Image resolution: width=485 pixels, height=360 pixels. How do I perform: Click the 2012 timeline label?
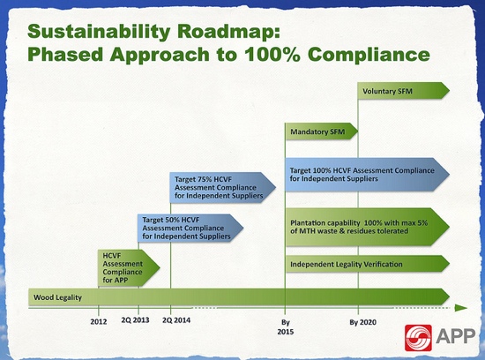click(x=99, y=321)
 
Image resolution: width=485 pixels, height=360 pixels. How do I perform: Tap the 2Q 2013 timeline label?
click(x=135, y=319)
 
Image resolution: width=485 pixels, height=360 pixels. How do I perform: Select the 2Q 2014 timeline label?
click(x=176, y=319)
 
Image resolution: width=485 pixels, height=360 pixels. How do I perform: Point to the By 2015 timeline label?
click(x=285, y=326)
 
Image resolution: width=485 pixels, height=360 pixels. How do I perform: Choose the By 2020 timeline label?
click(x=362, y=322)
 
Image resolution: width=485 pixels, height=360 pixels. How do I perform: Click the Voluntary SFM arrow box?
click(x=403, y=91)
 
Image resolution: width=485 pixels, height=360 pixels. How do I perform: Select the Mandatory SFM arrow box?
click(x=321, y=131)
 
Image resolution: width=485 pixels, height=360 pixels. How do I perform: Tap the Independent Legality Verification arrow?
click(x=368, y=264)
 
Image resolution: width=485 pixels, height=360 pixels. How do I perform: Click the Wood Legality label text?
click(x=57, y=297)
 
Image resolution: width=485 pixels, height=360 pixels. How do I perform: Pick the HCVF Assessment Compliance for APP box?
click(x=129, y=267)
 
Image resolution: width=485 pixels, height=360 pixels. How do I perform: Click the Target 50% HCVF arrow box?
click(x=190, y=229)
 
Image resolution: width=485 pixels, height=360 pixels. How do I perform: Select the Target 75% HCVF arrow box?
click(x=223, y=188)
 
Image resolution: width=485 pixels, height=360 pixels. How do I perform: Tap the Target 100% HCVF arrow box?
click(x=367, y=175)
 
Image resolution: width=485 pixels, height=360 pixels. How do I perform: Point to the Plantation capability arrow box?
click(x=368, y=227)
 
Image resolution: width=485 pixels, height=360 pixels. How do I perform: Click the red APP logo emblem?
click(x=418, y=338)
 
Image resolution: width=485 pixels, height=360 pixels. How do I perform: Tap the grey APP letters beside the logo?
click(x=455, y=336)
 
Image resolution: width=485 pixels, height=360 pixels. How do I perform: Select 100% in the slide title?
click(x=272, y=54)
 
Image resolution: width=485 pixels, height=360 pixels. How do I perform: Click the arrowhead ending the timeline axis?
click(x=461, y=308)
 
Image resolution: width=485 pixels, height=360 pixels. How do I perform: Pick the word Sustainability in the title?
click(x=99, y=32)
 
